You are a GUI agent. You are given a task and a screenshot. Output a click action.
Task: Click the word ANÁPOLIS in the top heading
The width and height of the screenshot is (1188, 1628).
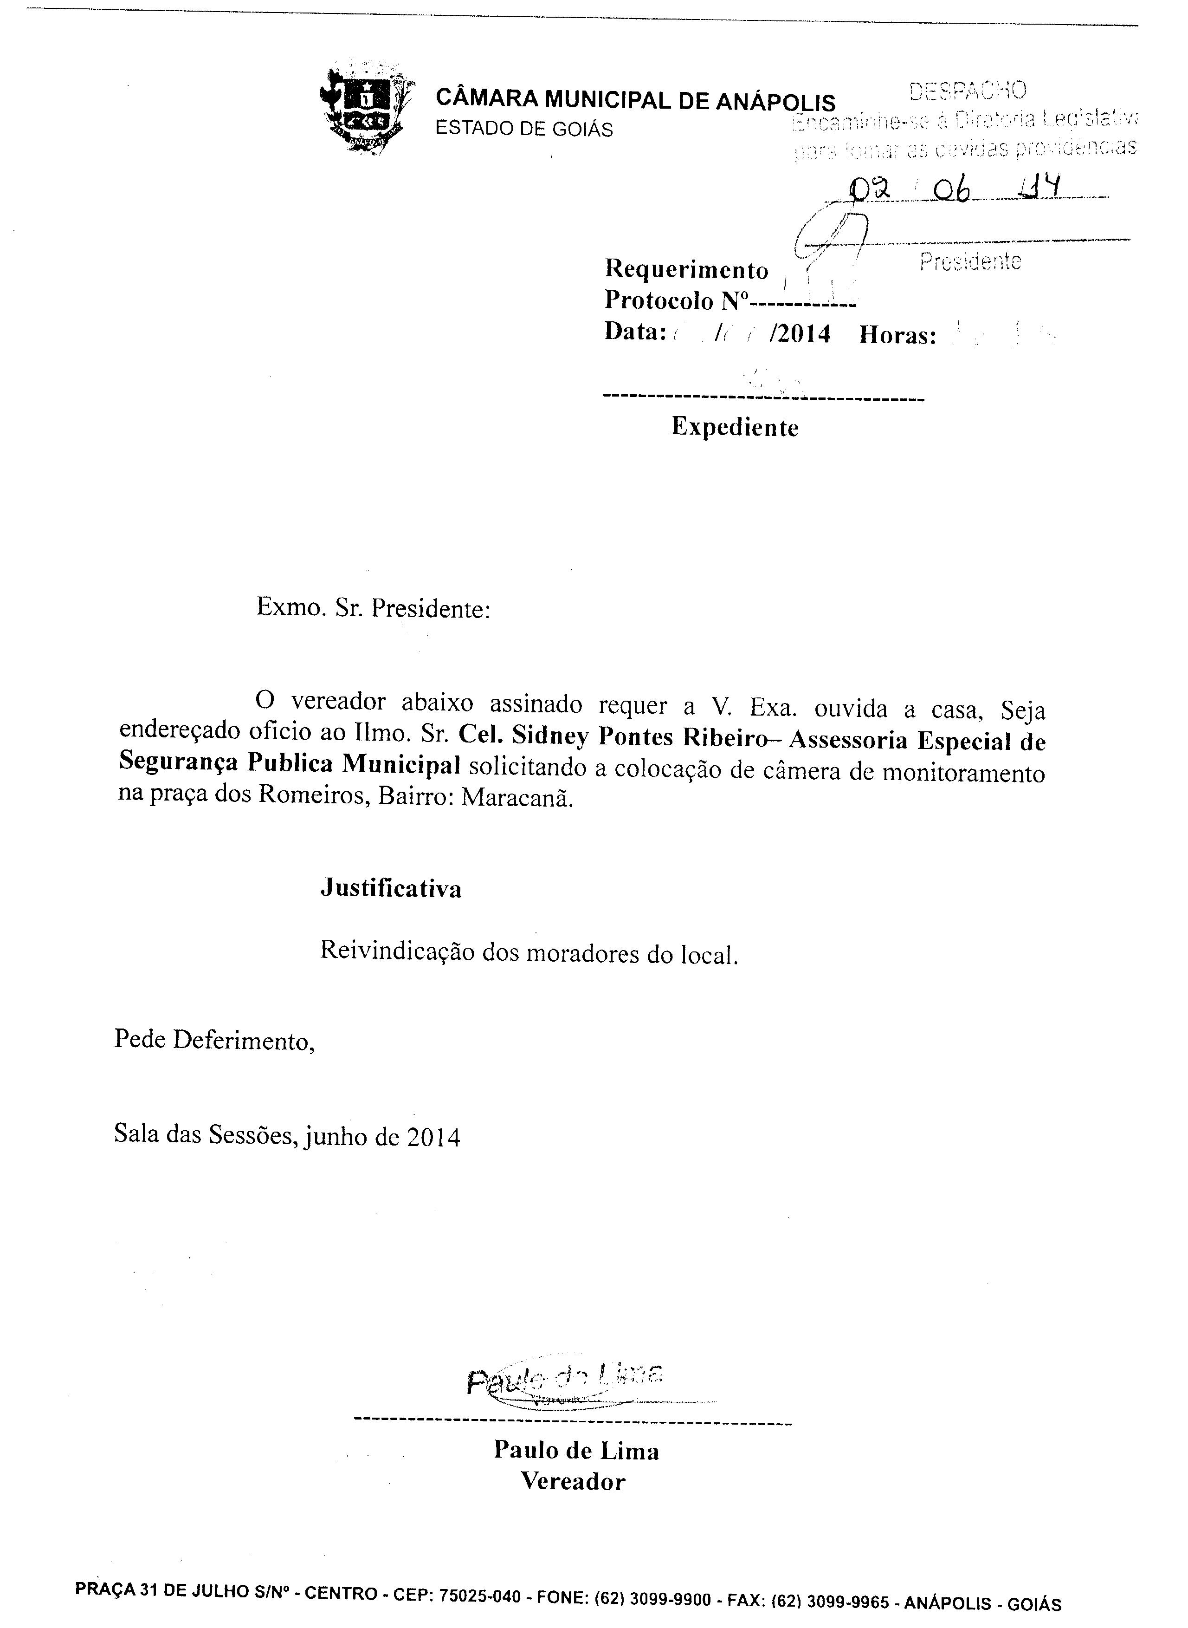point(775,101)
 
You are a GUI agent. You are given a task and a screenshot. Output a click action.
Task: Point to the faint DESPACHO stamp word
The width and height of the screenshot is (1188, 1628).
point(968,91)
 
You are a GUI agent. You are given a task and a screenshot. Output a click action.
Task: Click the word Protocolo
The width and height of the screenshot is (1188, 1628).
point(659,300)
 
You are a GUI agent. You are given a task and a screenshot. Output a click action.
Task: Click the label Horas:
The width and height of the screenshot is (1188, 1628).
point(898,335)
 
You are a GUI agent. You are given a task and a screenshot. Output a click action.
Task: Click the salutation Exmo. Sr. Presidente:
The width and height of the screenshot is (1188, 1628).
point(373,609)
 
